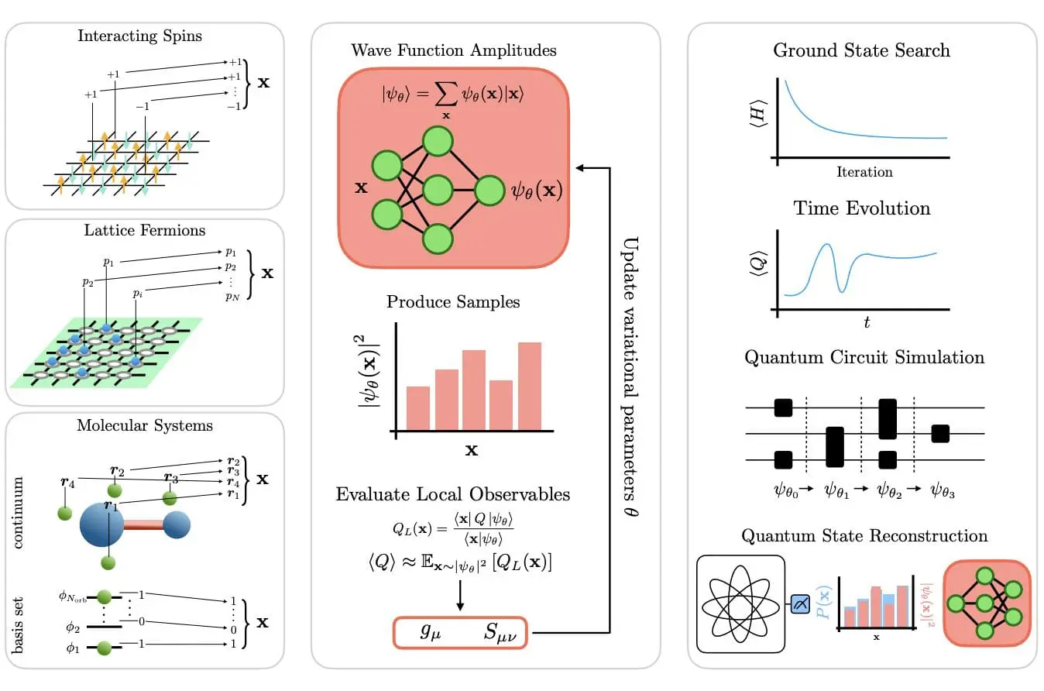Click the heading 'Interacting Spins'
pos(139,36)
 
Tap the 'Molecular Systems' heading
pos(145,425)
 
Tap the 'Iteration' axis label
pos(864,172)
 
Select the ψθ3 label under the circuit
pos(943,490)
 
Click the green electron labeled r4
pos(64,513)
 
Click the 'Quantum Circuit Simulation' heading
pos(864,358)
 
